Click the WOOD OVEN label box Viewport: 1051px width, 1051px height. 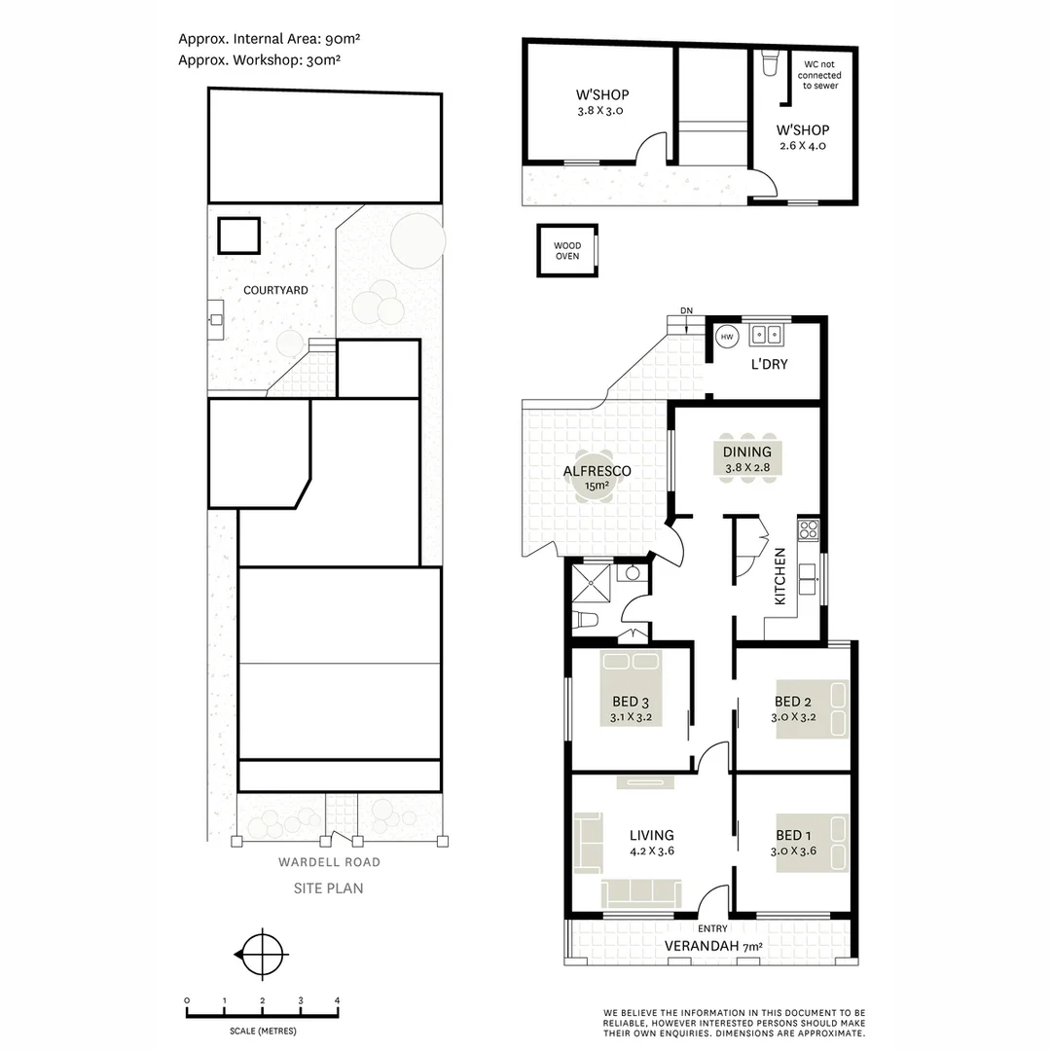(x=567, y=251)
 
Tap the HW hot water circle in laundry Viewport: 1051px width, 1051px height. (x=726, y=337)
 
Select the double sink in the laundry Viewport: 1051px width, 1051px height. (x=766, y=335)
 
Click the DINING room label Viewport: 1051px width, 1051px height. (x=746, y=452)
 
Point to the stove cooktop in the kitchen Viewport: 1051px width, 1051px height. (x=808, y=530)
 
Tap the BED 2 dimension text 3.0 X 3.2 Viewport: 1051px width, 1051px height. (x=793, y=718)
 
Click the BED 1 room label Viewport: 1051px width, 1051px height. (x=793, y=835)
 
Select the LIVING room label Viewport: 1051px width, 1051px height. (x=651, y=835)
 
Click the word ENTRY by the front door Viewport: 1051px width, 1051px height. (x=713, y=928)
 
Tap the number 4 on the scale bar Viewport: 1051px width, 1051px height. (x=337, y=1001)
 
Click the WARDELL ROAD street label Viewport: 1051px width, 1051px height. (x=329, y=862)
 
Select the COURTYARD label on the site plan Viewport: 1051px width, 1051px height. (x=275, y=290)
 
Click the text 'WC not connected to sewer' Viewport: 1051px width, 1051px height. (x=819, y=75)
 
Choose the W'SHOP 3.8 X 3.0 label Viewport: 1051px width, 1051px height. (x=602, y=102)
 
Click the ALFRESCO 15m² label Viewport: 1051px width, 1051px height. (x=598, y=477)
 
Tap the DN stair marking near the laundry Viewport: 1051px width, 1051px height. (x=687, y=311)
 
